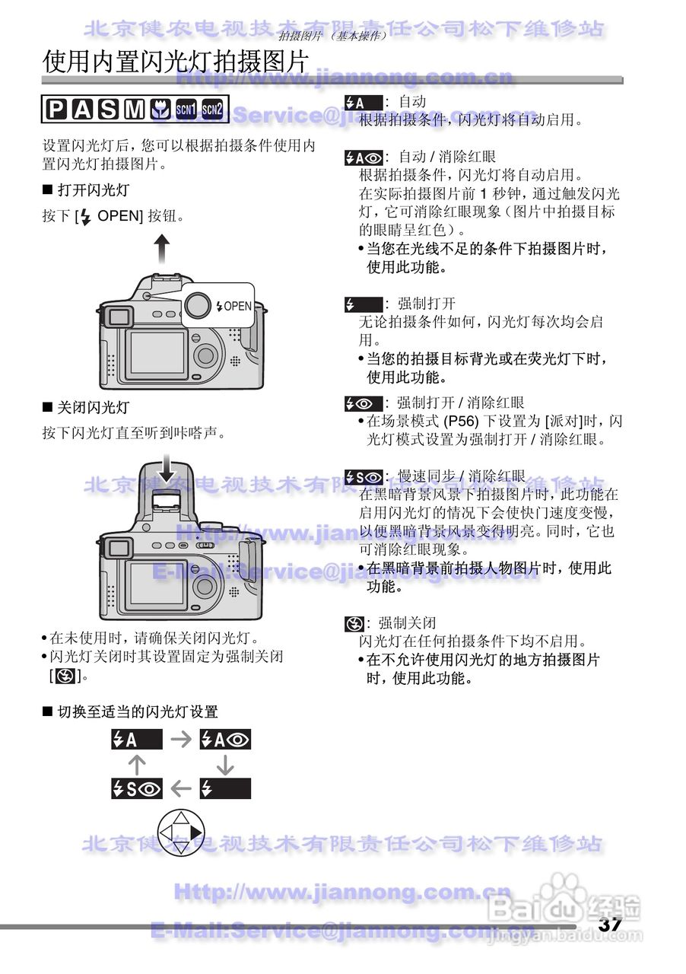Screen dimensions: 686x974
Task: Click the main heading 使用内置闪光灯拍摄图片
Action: pos(175,62)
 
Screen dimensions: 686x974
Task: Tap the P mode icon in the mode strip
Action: pos(56,111)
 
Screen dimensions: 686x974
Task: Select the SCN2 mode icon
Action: pos(213,111)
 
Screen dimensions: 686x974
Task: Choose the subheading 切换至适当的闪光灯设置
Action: pos(137,712)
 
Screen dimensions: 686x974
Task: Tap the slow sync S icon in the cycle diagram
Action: pos(137,789)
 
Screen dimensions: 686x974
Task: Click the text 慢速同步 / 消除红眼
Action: pos(461,476)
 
